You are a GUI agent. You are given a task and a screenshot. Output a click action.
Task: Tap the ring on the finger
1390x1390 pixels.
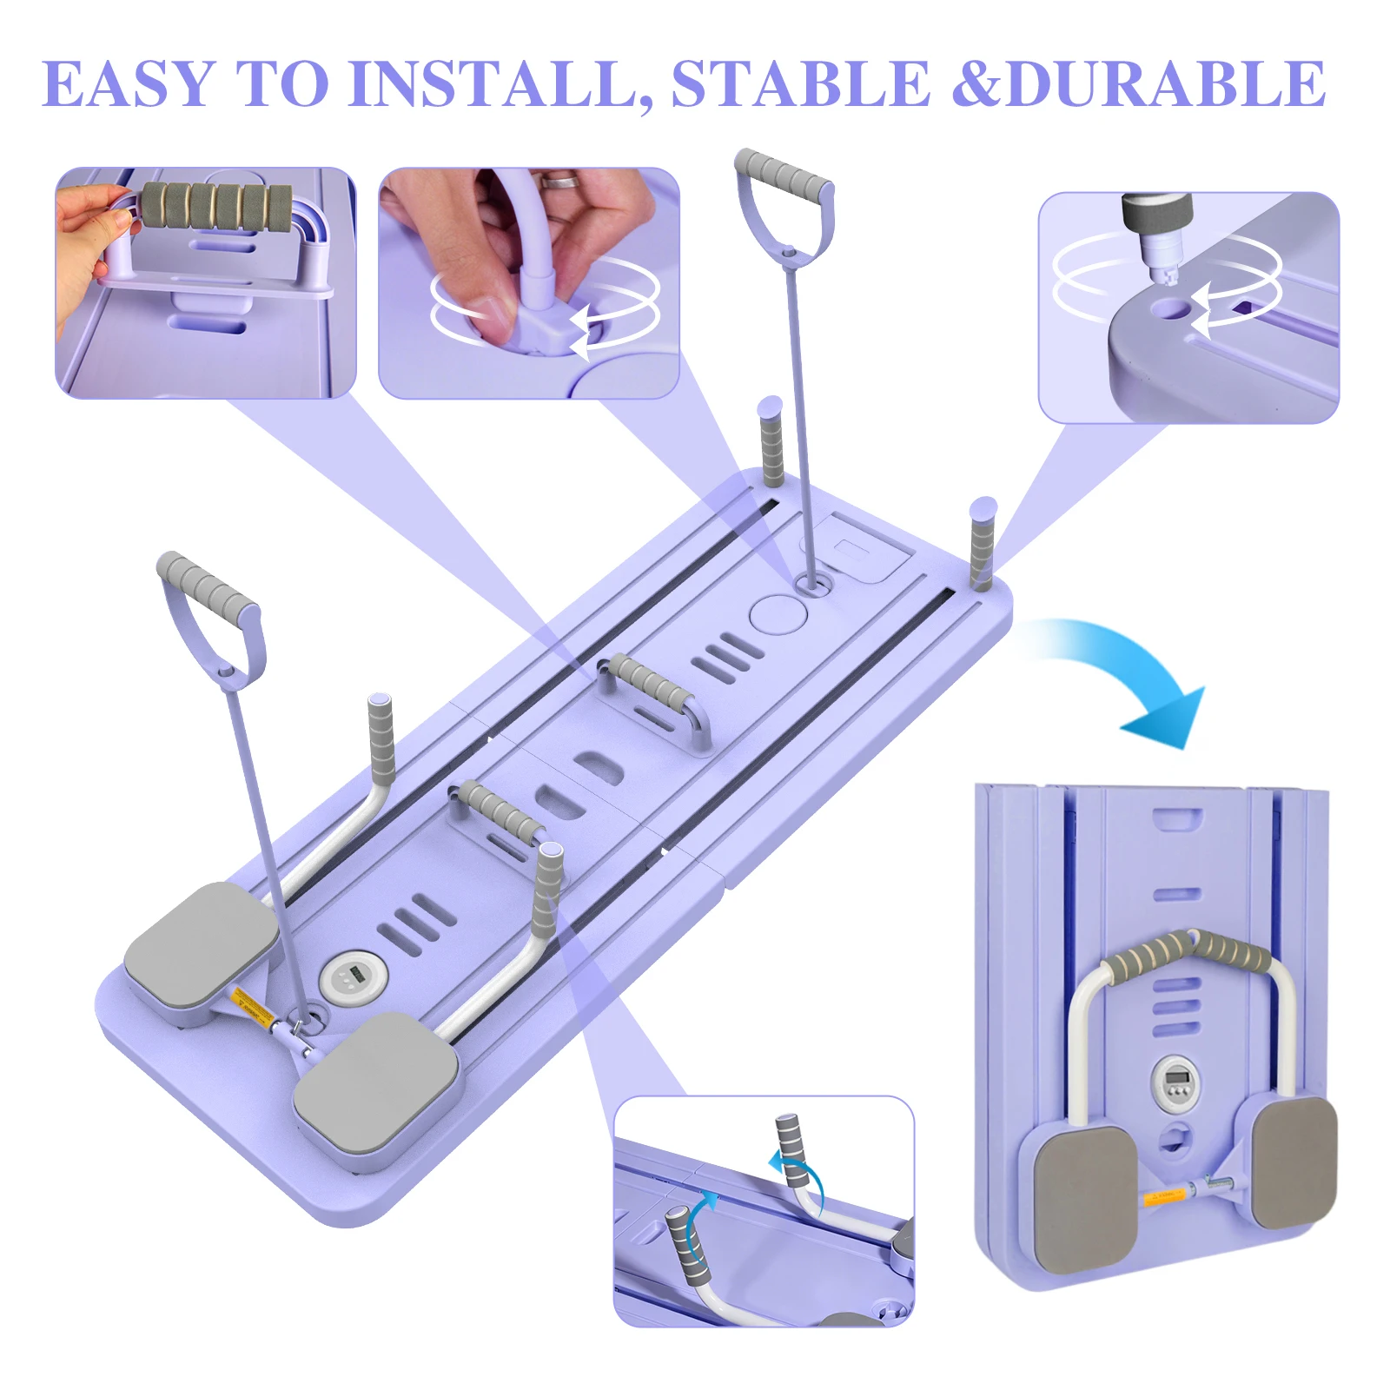[559, 180]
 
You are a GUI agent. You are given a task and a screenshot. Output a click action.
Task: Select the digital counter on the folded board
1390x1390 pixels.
[1177, 1080]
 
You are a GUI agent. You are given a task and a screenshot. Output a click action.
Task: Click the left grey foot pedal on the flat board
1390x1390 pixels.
[202, 943]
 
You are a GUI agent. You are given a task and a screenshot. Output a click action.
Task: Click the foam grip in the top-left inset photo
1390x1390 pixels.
[217, 213]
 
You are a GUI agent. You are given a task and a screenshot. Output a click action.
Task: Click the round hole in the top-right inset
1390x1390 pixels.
[1171, 308]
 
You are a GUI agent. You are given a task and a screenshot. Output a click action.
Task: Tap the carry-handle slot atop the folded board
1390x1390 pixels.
[1178, 819]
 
